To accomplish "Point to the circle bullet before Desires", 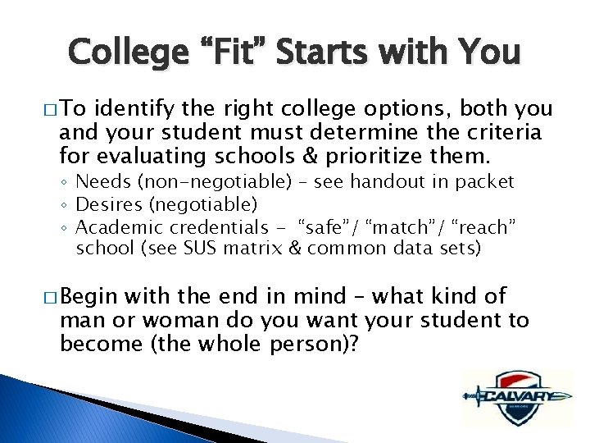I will [67, 204].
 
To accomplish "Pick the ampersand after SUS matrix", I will [296, 247].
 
